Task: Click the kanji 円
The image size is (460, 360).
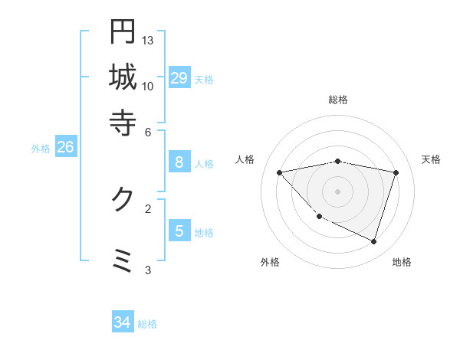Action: (123, 31)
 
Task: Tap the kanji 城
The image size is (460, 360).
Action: (123, 77)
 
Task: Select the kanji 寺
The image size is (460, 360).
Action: (123, 121)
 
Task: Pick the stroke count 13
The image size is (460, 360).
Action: (148, 40)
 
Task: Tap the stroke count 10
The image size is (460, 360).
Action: (148, 86)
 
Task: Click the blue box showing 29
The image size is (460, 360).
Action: (179, 78)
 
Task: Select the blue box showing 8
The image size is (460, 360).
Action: (179, 162)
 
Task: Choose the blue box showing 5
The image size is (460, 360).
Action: (179, 231)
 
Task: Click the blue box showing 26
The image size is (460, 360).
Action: (65, 147)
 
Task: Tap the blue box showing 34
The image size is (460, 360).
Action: (122, 323)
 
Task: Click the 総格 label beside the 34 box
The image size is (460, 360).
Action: (147, 325)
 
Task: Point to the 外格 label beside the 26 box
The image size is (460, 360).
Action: (41, 149)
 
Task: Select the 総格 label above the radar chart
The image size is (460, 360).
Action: (338, 100)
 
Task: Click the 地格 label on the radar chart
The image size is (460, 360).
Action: (402, 262)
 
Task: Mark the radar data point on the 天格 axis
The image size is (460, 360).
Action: (396, 172)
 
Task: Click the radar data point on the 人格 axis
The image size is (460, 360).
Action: (280, 172)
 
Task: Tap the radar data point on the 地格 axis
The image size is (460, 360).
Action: (374, 242)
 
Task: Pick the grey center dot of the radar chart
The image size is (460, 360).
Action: (338, 191)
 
